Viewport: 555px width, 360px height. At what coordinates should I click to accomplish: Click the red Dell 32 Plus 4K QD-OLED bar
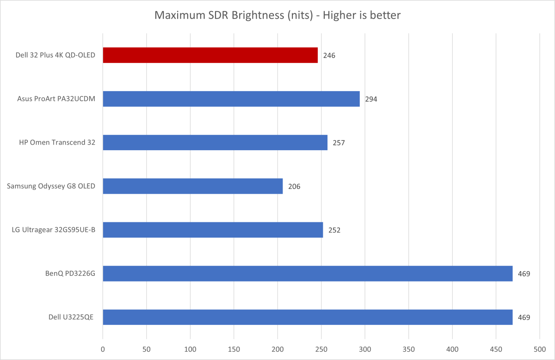210,55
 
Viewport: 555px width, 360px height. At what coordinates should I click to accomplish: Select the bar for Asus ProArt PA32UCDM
231,99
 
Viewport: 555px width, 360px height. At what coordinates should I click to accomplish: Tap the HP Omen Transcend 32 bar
215,142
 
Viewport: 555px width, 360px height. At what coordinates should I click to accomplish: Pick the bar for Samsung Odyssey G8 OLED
192,186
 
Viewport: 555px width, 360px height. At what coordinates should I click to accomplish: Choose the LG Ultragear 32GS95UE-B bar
213,230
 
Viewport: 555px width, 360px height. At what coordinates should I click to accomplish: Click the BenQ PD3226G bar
308,274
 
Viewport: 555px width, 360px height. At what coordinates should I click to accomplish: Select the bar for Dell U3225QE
308,317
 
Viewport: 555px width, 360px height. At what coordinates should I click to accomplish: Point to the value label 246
329,55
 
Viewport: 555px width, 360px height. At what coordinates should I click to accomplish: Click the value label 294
371,99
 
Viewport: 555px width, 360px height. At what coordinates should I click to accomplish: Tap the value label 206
294,186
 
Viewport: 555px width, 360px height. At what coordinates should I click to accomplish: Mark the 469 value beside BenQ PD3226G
524,274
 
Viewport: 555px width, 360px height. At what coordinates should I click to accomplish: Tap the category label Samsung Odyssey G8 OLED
51,186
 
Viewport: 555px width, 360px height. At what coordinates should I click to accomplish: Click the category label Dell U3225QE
71,317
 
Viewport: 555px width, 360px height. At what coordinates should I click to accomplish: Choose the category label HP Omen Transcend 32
58,143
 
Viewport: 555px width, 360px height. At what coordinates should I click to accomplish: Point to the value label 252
334,230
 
